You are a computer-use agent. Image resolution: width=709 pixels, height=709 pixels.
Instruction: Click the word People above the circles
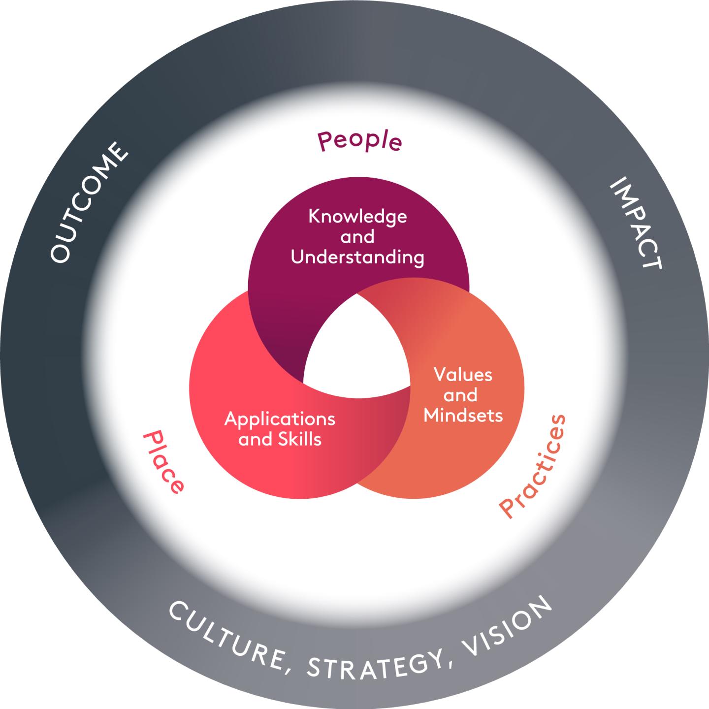(x=360, y=141)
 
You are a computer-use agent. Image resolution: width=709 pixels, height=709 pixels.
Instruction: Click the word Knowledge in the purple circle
(x=357, y=217)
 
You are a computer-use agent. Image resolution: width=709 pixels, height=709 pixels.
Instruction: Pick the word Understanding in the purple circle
(x=357, y=258)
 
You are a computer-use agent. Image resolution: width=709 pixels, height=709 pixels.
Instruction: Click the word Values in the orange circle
(x=463, y=375)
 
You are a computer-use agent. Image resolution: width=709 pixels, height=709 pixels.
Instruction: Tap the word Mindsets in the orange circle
(x=463, y=416)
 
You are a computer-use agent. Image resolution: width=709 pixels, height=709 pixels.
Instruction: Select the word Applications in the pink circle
(x=280, y=419)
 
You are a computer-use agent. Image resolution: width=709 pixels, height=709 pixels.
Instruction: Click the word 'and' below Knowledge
(x=357, y=237)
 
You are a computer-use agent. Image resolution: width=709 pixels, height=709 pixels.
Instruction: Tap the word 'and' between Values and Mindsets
(x=460, y=395)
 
